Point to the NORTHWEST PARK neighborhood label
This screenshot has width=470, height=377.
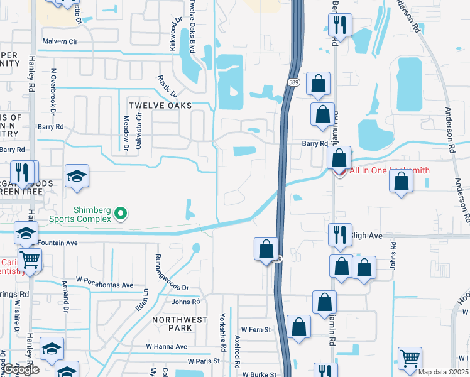coord(180,324)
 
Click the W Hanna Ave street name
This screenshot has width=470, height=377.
coord(167,346)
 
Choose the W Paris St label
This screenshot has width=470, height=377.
coord(204,361)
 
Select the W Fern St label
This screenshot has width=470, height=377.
coord(256,329)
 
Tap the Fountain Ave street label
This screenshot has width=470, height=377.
coord(57,243)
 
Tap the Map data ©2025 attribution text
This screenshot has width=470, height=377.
coord(443,372)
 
